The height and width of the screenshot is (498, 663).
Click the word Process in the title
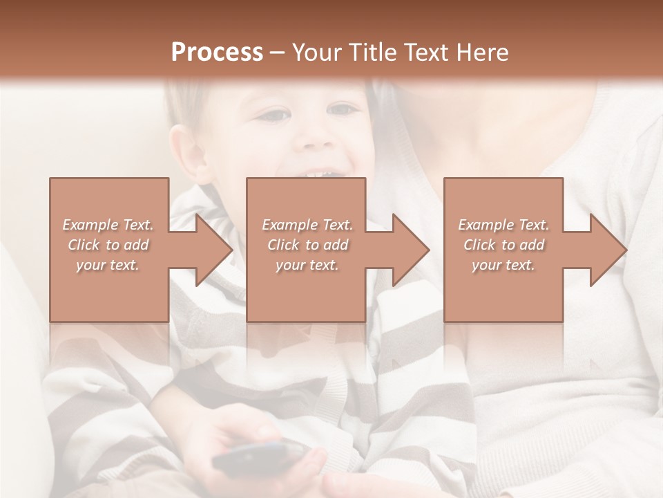pyautogui.click(x=217, y=53)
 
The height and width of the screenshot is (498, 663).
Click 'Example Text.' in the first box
pyautogui.click(x=108, y=225)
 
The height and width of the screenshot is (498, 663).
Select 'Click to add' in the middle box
pyautogui.click(x=307, y=245)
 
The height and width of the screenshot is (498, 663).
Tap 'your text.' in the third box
pyautogui.click(x=503, y=265)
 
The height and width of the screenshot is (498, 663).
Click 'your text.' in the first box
pyautogui.click(x=108, y=265)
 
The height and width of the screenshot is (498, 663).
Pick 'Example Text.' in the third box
pyautogui.click(x=503, y=225)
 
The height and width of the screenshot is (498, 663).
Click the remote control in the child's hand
pyautogui.click(x=259, y=458)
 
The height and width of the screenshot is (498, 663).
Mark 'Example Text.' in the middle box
pyautogui.click(x=307, y=225)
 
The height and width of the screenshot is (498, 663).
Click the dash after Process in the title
pyautogui.click(x=278, y=53)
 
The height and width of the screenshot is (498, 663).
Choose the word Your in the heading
pyautogui.click(x=320, y=53)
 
